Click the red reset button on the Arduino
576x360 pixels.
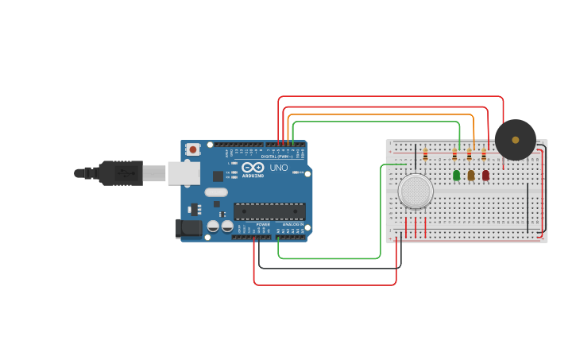[x=193, y=149]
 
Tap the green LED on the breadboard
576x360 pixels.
[x=456, y=175]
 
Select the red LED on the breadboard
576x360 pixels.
[x=485, y=175]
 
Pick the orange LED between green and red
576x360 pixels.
[x=471, y=175]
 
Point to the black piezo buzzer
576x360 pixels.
[x=515, y=140]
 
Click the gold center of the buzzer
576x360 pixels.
[x=515, y=140]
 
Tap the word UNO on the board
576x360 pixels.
[x=279, y=168]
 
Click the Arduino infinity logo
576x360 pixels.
[x=253, y=168]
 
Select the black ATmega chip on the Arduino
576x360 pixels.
[x=269, y=211]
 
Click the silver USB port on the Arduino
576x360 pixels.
[x=184, y=172]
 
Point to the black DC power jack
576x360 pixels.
[x=188, y=228]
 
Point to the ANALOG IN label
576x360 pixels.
[x=291, y=225]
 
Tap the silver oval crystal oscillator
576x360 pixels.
[x=215, y=192]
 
